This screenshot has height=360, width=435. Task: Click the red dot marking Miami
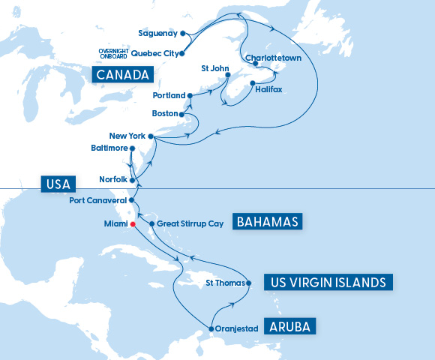pos(132,224)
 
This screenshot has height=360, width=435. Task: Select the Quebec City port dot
pos(182,53)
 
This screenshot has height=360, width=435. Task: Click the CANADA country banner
pos(122,74)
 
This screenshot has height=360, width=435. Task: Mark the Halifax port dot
pos(253,82)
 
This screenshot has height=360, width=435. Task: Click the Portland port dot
pos(190,96)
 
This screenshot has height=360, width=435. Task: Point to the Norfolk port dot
pos(132,180)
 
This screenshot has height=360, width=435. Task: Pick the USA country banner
pos(57,184)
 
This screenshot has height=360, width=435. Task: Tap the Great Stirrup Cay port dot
pos(151,223)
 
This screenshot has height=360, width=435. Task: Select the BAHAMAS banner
pos(268,222)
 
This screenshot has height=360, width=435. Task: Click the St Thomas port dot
pos(249,283)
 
